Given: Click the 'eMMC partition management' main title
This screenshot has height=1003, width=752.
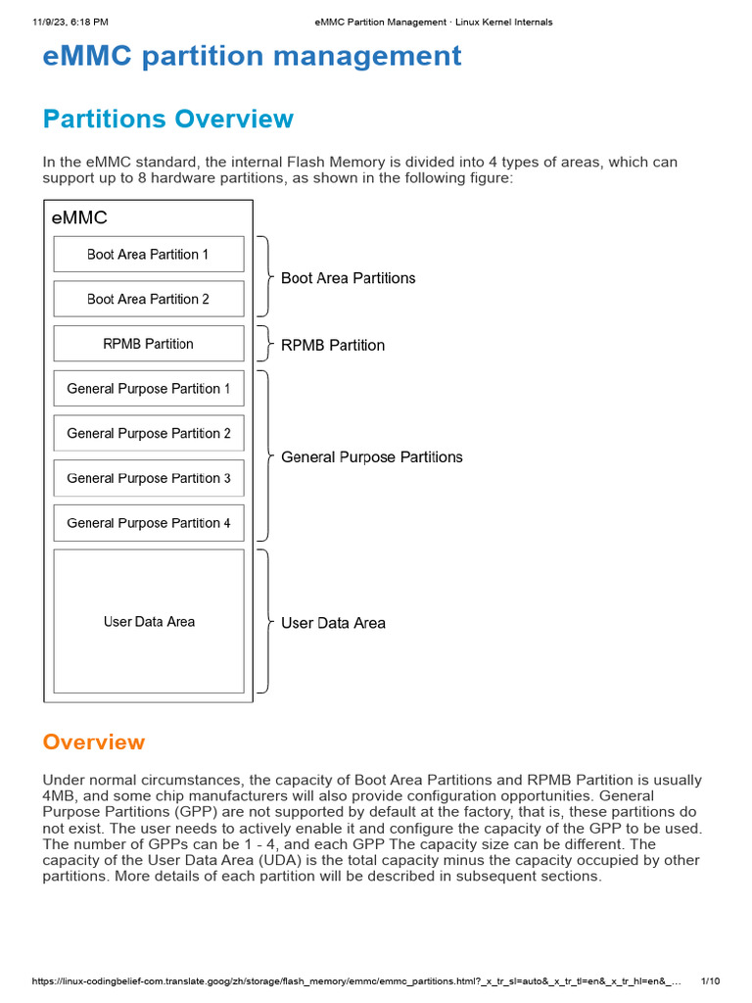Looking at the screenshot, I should point(252,57).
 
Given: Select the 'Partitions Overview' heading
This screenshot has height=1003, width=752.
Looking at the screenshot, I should point(167,119).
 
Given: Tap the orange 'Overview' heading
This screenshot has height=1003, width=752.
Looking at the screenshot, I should point(94,742).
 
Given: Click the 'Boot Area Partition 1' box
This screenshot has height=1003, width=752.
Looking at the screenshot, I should point(148,255).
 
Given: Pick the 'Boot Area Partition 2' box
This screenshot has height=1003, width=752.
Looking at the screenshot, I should point(148,299).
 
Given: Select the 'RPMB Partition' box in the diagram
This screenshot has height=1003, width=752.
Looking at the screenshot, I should point(148,344).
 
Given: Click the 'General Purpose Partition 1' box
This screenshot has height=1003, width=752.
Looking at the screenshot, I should point(148,389).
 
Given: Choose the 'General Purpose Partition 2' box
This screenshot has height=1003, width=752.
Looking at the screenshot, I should point(148,433).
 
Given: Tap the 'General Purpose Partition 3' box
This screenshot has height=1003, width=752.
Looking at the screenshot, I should point(148,478).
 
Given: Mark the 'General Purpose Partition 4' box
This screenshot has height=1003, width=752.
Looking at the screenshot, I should point(148,523).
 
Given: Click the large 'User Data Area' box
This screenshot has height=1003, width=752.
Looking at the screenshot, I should point(148,621).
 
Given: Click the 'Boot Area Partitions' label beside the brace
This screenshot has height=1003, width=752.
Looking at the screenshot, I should point(348,278).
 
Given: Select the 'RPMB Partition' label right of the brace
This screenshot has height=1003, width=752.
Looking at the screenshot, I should point(333,345).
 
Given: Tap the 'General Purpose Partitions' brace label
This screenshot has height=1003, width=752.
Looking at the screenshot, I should point(371,457).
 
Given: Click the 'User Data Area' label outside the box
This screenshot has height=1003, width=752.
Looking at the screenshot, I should point(333,623).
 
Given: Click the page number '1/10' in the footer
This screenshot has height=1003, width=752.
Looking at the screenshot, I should point(712,981).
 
